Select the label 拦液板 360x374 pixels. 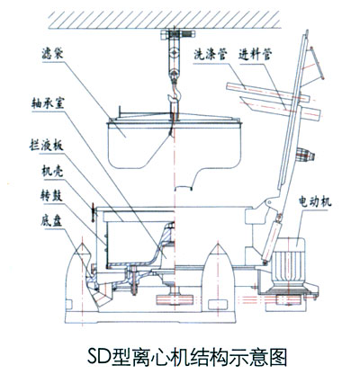coord(49,147)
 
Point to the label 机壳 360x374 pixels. coord(51,172)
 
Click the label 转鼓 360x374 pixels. coord(51,196)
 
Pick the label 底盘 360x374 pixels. coord(51,221)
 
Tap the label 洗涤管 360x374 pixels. coord(210,54)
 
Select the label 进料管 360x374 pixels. coord(255,54)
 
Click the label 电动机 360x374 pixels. coord(315,202)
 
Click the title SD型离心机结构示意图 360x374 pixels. coord(187,356)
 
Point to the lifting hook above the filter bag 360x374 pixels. coord(174,90)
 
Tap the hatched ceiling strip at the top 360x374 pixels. coord(165,20)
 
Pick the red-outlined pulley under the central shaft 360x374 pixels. coord(175,299)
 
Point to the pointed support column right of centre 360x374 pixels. coord(219,277)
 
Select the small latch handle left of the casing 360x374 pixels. coord(94,212)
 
